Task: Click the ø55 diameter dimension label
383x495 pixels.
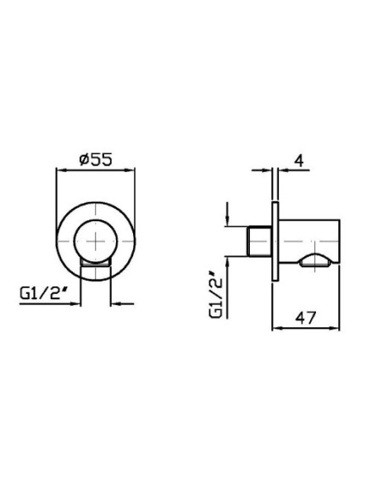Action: coord(96,159)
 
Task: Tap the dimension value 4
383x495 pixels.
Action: coord(299,161)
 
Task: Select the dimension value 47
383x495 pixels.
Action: coord(305,318)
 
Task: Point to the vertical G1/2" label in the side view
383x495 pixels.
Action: coord(216,297)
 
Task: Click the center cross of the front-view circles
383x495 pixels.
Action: coord(96,242)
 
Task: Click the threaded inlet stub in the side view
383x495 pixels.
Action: coord(259,242)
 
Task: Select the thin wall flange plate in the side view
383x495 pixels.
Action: coord(275,242)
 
